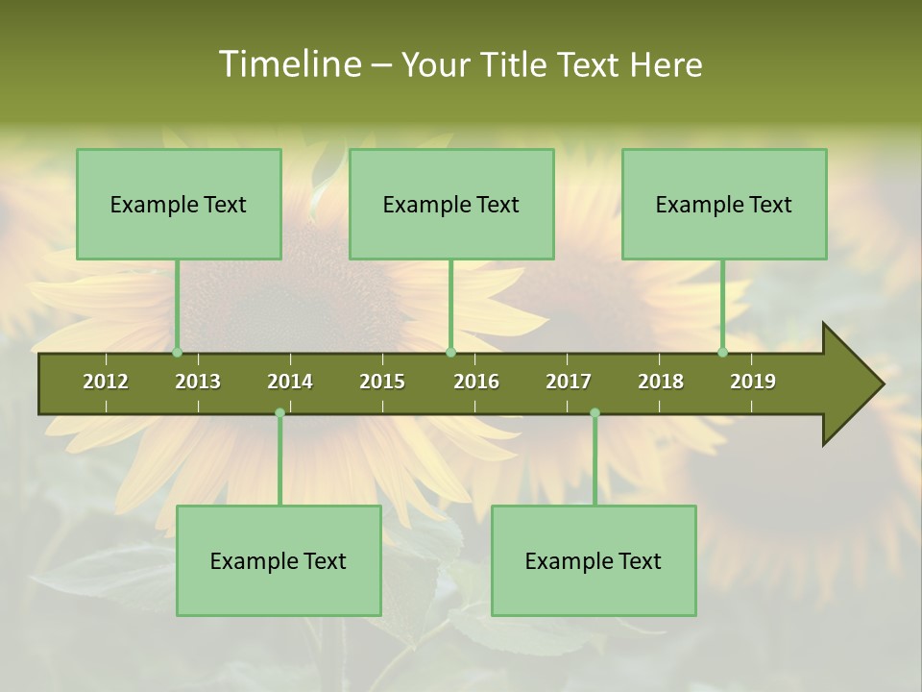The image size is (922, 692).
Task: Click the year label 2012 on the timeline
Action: point(106,382)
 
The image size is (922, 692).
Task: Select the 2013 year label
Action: point(198,382)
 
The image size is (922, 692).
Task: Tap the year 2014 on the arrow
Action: point(290,382)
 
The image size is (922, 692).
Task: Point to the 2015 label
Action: point(382,382)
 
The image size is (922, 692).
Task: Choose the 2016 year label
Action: point(476,382)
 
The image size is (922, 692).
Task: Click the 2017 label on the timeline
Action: point(569,382)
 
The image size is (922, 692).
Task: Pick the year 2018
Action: point(661,382)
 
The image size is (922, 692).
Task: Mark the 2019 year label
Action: point(753,382)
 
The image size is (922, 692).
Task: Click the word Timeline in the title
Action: point(288,64)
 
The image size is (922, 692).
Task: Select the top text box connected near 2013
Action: point(179,204)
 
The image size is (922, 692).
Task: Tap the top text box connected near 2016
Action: point(451,204)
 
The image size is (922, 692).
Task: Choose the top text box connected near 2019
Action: point(724,204)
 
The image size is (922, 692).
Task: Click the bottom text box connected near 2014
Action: point(279,560)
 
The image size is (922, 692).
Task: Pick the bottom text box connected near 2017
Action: point(594,560)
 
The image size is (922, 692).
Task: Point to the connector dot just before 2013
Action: point(178,353)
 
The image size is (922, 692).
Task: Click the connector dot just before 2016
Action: point(450,353)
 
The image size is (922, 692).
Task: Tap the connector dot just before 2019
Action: point(722,353)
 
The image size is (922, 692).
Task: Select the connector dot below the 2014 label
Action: point(279,413)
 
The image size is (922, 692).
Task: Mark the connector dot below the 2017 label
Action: point(594,413)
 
